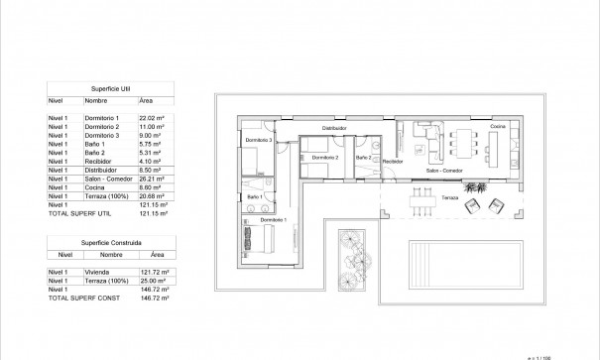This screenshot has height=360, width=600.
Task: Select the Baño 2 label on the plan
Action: (x=364, y=158)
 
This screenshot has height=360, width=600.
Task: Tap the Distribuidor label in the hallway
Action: (x=334, y=128)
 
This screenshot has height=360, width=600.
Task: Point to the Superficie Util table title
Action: (x=107, y=87)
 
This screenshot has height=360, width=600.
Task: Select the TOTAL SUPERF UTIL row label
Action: (x=73, y=213)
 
